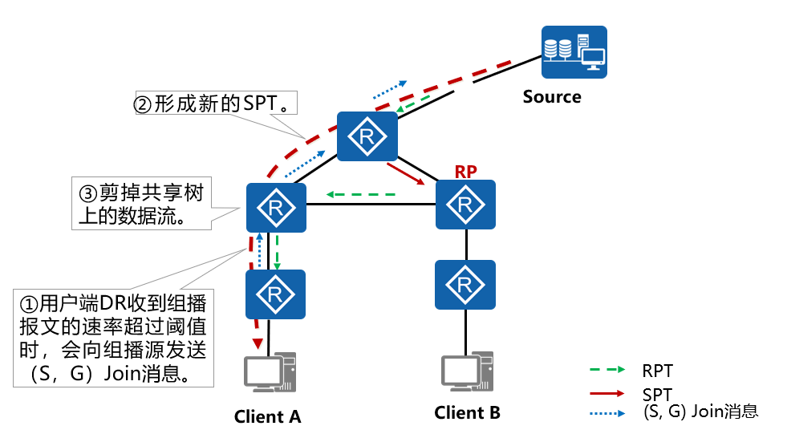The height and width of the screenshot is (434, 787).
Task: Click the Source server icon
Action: tap(574, 52)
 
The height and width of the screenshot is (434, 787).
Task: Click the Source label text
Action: tap(552, 97)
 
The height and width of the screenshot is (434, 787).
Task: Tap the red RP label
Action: tap(465, 171)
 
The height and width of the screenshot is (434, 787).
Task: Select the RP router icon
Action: tap(465, 205)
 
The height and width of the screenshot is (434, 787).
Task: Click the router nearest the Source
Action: tap(367, 137)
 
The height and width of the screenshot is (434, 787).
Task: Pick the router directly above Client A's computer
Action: tap(276, 294)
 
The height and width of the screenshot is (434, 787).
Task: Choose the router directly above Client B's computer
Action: tap(465, 282)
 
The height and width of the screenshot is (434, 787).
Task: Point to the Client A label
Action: tap(267, 416)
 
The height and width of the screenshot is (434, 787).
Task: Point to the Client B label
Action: tap(467, 413)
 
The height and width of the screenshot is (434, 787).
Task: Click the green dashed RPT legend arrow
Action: tap(607, 371)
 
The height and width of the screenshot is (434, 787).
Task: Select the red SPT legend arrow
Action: tap(607, 393)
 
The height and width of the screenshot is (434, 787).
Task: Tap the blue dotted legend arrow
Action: tap(607, 413)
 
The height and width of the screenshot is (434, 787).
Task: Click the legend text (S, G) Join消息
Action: tap(700, 412)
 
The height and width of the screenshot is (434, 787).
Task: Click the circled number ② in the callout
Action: tap(141, 105)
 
